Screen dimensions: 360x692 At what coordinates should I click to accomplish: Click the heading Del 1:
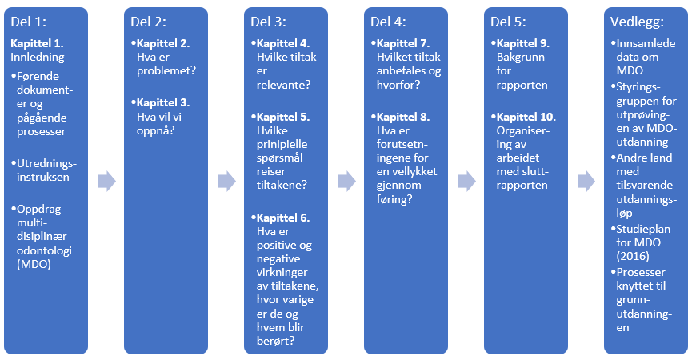pyautogui.click(x=28, y=22)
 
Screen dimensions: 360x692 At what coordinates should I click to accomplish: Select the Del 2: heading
pyautogui.click(x=148, y=22)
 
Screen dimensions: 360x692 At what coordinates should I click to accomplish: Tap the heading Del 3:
pyautogui.click(x=268, y=22)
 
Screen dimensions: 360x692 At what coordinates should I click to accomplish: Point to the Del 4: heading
pyautogui.click(x=388, y=22)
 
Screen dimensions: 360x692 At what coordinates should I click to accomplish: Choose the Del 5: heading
pyautogui.click(x=508, y=22)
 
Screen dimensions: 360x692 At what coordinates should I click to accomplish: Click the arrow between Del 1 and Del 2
pyautogui.click(x=106, y=182)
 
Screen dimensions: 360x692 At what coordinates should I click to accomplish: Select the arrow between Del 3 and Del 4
pyautogui.click(x=346, y=182)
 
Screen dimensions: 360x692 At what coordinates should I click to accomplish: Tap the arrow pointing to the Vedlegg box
pyautogui.click(x=586, y=182)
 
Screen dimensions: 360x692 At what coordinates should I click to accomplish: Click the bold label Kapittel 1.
pyautogui.click(x=37, y=42)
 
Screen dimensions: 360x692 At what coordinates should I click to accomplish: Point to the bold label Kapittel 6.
pyautogui.click(x=282, y=218)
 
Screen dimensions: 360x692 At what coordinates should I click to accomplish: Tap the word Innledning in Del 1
pyautogui.click(x=38, y=57)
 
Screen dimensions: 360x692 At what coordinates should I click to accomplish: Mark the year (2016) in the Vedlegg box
pyautogui.click(x=636, y=257)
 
